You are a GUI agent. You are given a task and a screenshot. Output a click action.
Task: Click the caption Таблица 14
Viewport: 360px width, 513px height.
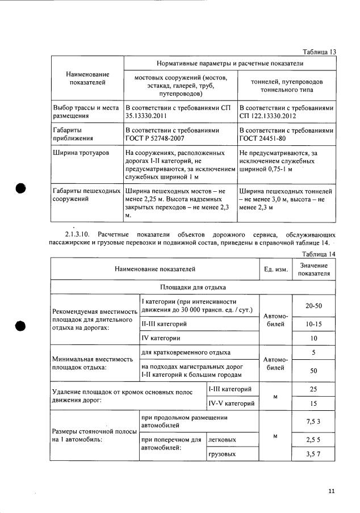point(320,254)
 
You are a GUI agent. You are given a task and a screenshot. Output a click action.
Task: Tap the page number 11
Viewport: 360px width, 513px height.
point(331,491)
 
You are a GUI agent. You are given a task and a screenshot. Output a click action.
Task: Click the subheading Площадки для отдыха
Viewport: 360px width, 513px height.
point(193,287)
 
